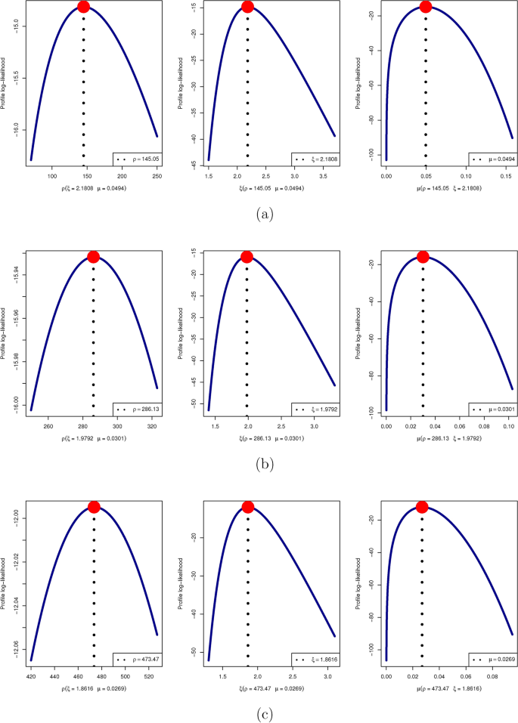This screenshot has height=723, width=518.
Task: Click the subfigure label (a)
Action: (263, 215)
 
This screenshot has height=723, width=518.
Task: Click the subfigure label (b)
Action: (263, 465)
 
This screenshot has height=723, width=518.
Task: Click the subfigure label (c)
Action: (263, 713)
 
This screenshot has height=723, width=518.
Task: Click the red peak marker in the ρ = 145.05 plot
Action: (83, 7)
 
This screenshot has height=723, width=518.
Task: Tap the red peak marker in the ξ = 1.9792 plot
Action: (247, 257)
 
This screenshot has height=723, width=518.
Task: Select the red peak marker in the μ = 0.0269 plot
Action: (422, 507)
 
